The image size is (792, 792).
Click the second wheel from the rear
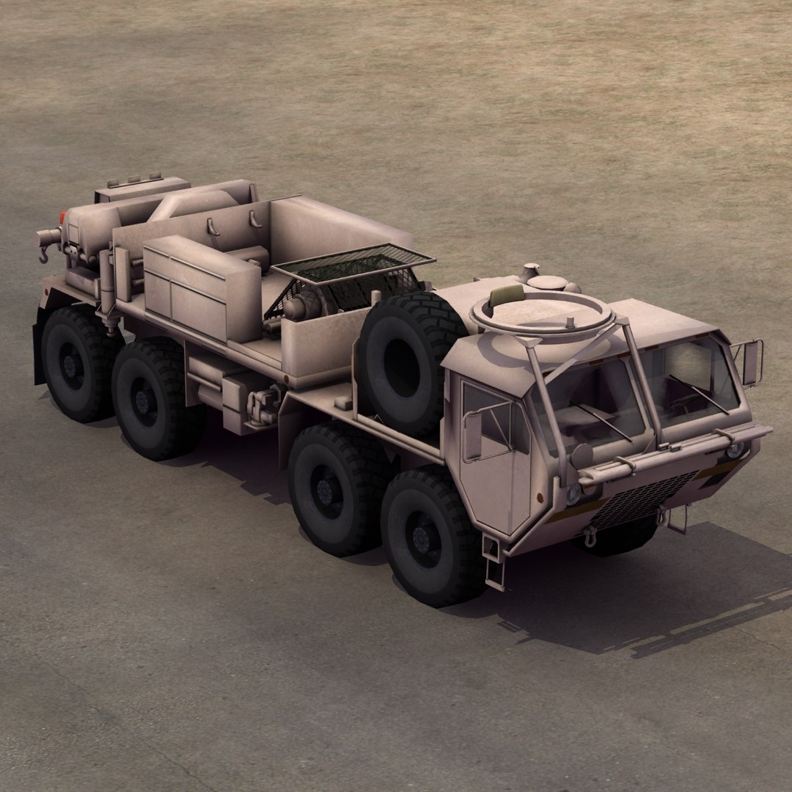pyautogui.click(x=150, y=400)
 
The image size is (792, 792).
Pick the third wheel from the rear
pyautogui.click(x=330, y=488)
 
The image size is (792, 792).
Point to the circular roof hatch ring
pyautogui.click(x=541, y=312)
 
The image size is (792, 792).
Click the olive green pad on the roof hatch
pyautogui.click(x=507, y=295)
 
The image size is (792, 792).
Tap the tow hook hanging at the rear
pyautogui.click(x=43, y=254)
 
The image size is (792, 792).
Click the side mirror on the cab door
pyautogui.click(x=473, y=436)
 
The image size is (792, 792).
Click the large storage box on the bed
pyautogui.click(x=202, y=287)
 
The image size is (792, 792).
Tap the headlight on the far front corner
pyautogui.click(x=734, y=450)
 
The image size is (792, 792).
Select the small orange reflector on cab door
pyautogui.click(x=540, y=497)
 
